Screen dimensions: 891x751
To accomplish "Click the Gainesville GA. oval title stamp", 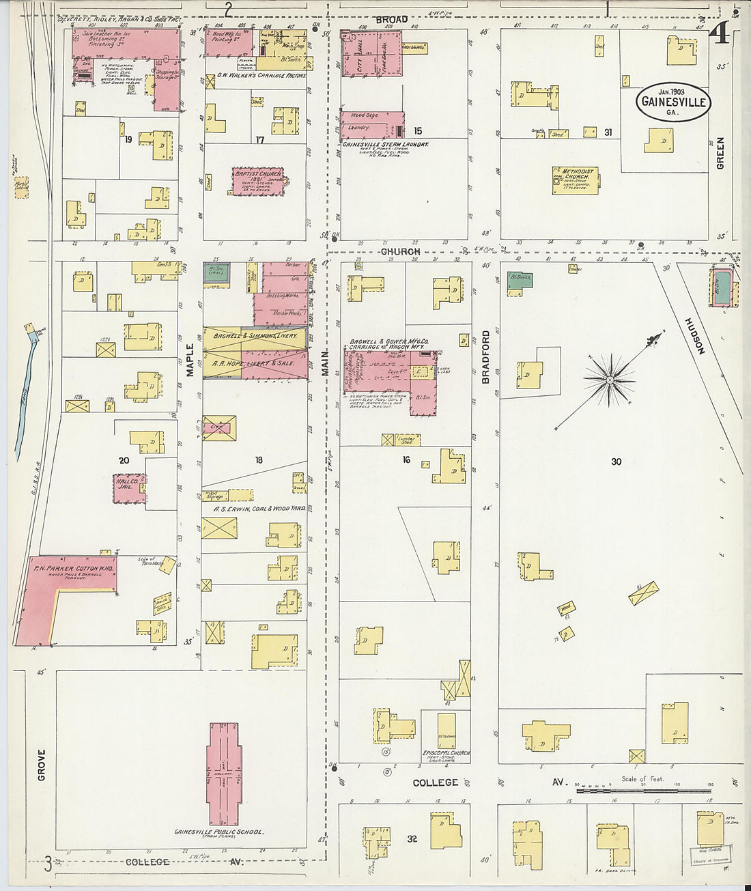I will coord(673,102).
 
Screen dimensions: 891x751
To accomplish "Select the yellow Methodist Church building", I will coord(576,180).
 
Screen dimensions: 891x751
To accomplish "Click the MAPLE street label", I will coord(190,359).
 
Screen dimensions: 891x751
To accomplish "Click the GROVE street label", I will coord(42,765).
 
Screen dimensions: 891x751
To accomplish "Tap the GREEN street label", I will coord(720,153).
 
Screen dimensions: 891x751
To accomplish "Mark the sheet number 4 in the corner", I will coord(718,32).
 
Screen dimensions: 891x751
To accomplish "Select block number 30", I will coord(616,462).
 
